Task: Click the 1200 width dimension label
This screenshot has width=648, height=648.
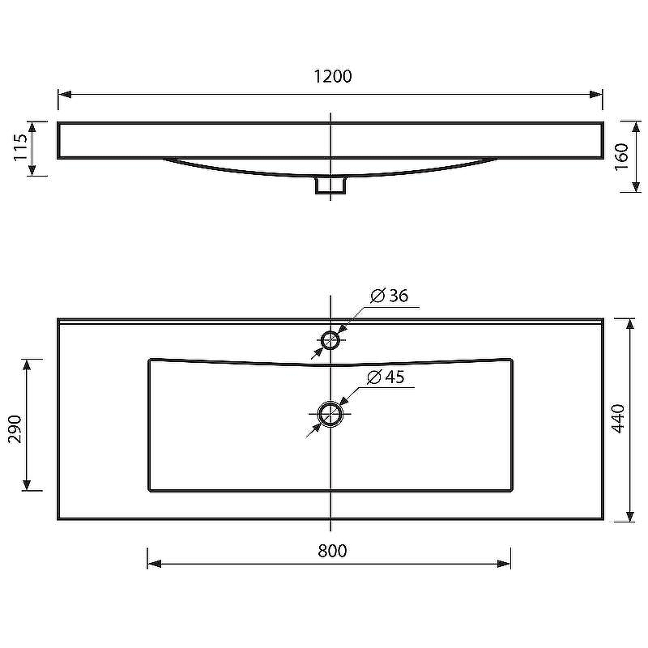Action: [333, 76]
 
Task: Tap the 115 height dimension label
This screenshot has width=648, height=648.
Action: [20, 147]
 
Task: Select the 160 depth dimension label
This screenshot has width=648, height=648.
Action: [621, 156]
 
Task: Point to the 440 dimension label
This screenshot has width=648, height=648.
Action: [618, 419]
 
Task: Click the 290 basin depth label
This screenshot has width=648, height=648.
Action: [15, 429]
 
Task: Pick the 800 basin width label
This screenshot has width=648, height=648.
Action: [332, 551]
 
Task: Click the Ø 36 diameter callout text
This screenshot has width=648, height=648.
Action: [390, 296]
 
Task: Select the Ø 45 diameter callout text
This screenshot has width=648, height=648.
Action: [386, 377]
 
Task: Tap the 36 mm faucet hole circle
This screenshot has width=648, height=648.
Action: [330, 340]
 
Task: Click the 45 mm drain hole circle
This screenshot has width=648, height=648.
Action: [330, 414]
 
